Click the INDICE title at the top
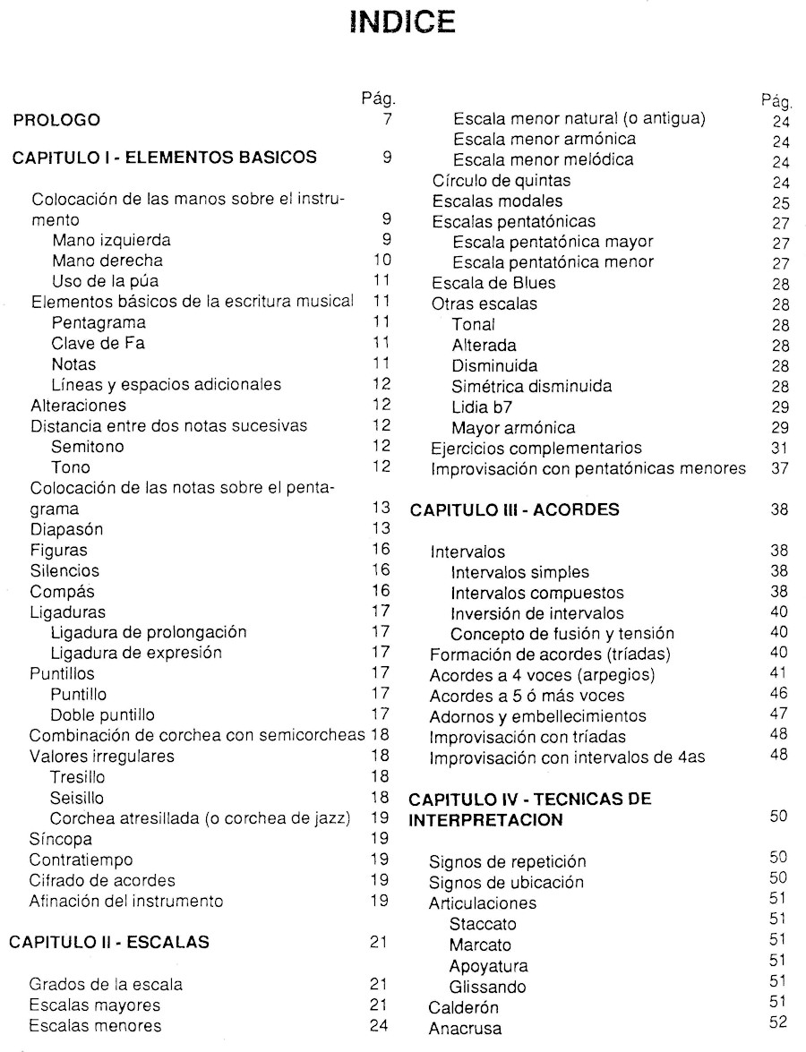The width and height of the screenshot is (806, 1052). tap(402, 21)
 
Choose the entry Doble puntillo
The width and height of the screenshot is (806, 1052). tap(103, 714)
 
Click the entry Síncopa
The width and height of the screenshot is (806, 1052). tap(61, 839)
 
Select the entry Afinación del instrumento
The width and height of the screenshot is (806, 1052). tap(126, 901)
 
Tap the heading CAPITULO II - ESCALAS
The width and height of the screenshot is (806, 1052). tap(115, 942)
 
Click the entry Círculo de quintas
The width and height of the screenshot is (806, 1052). tap(501, 180)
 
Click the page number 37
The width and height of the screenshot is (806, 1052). tap(778, 468)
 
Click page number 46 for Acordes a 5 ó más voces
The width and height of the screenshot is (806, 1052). tap(778, 696)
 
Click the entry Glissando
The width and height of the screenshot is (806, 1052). tap(488, 987)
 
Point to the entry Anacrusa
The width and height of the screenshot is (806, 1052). tap(466, 1027)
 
